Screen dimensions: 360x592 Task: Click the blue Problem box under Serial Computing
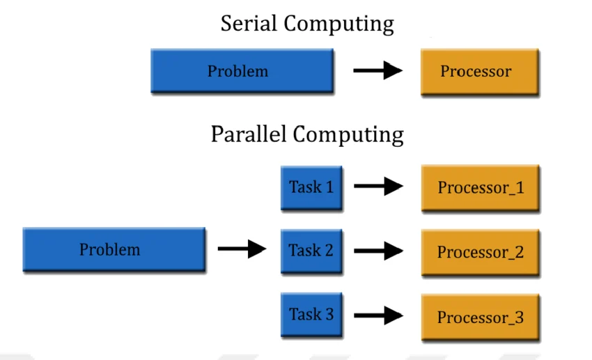click(x=241, y=71)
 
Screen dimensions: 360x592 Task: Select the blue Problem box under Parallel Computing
click(x=114, y=249)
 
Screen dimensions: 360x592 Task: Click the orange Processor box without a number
click(x=479, y=71)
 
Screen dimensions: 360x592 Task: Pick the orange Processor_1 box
click(x=480, y=188)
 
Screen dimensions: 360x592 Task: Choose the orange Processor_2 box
click(x=480, y=251)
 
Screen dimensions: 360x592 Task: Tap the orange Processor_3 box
click(x=480, y=317)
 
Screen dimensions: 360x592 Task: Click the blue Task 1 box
click(x=311, y=187)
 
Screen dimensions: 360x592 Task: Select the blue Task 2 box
click(x=311, y=250)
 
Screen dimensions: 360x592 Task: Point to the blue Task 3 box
click(x=311, y=314)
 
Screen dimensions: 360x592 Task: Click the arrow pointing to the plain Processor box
click(x=378, y=70)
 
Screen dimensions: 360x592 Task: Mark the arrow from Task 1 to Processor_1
click(x=379, y=186)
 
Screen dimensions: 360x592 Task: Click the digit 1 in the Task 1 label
click(x=329, y=187)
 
